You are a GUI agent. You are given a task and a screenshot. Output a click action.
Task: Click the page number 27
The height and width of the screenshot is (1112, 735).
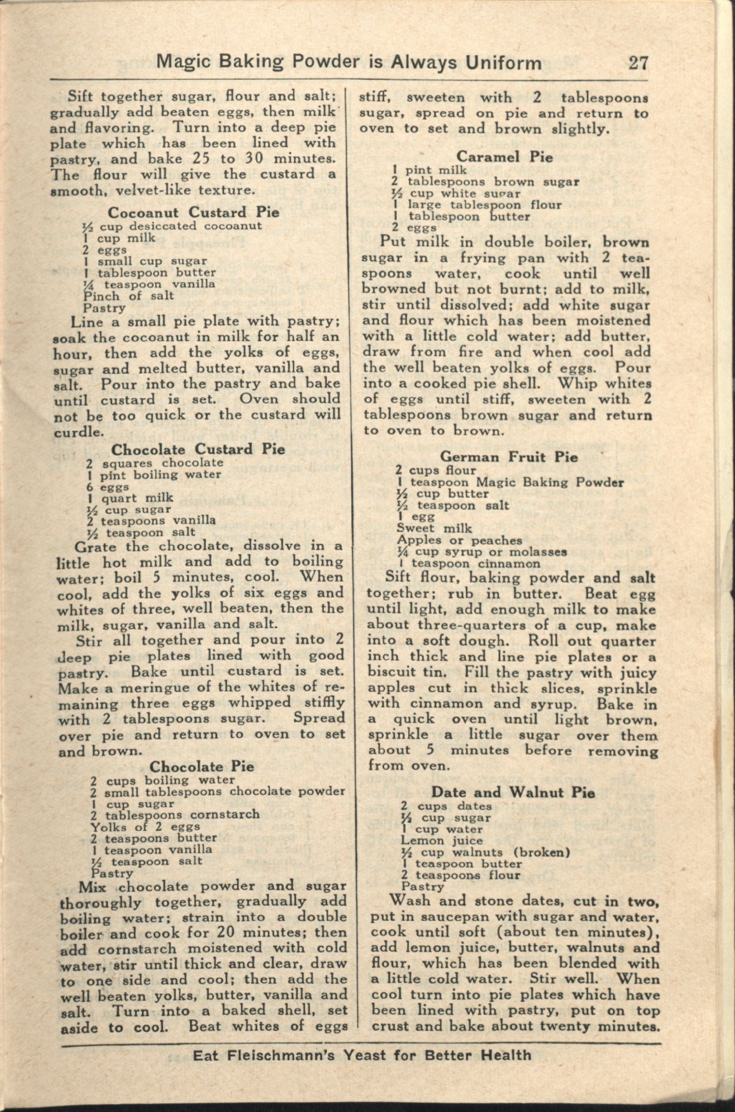point(638,62)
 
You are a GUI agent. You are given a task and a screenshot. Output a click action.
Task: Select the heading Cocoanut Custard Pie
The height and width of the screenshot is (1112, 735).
point(193,212)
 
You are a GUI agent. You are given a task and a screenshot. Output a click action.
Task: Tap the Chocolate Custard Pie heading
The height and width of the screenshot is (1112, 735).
point(198,449)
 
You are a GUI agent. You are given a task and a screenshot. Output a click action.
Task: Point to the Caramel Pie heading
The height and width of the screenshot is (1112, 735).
point(504,157)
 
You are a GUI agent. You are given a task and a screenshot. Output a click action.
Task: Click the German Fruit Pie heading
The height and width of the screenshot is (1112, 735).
point(510,457)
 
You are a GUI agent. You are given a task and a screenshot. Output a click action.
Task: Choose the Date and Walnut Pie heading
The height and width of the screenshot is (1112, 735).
point(513,792)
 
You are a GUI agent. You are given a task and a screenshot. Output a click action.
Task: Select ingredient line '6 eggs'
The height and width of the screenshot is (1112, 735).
point(107,487)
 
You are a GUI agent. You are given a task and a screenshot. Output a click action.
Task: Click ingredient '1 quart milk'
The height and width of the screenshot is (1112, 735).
point(130,498)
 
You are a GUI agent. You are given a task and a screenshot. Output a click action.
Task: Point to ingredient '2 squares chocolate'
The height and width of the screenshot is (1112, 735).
point(154,463)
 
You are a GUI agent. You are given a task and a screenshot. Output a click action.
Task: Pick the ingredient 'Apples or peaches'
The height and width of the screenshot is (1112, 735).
point(459,540)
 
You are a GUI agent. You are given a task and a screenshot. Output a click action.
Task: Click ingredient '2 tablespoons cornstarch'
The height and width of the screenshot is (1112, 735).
point(175,814)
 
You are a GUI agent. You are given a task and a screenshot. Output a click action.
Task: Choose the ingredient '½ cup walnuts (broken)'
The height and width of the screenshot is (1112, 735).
point(485,852)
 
